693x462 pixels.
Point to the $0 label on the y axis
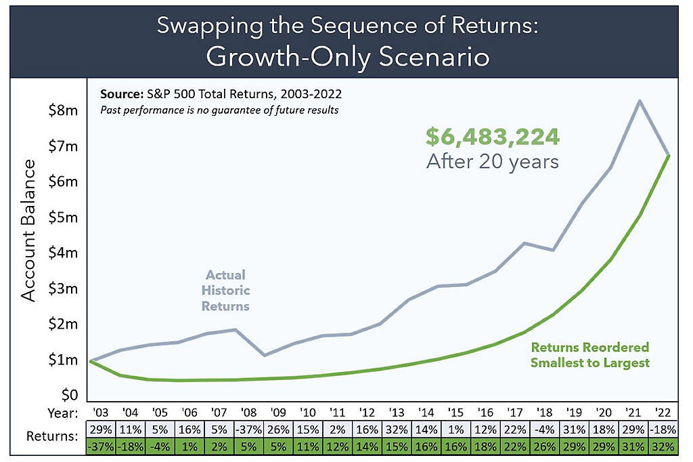tap(65, 395)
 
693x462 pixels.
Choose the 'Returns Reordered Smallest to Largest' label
tap(589, 355)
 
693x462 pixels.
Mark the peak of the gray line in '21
tap(639, 101)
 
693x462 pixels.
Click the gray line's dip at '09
tap(265, 355)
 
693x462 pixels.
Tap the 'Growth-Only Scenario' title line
tap(347, 57)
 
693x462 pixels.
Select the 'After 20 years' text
tap(492, 162)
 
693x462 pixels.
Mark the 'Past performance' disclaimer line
tap(219, 110)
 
